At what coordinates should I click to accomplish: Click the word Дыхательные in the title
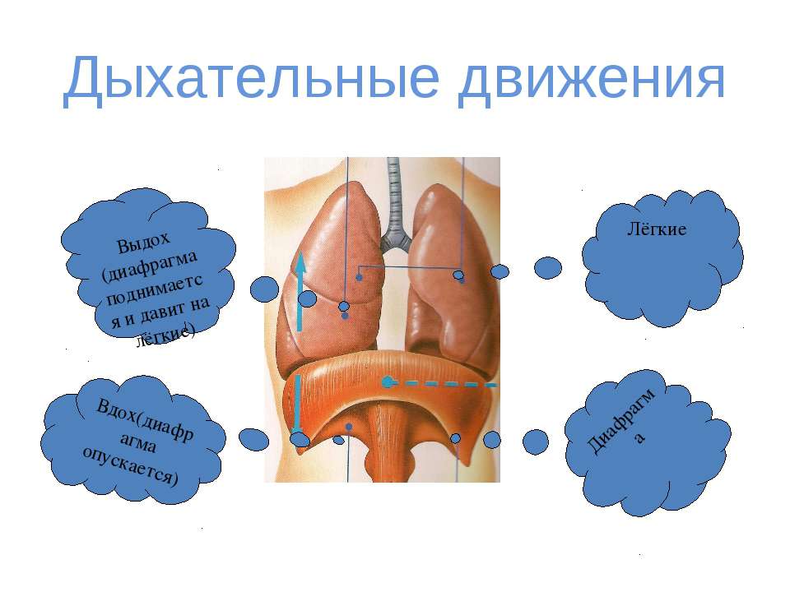tap(252, 79)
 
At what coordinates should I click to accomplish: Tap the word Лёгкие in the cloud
tap(657, 229)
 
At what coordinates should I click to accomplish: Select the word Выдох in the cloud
tap(143, 243)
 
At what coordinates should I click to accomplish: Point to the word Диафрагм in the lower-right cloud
tap(620, 421)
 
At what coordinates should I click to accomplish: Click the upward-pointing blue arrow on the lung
tap(300, 291)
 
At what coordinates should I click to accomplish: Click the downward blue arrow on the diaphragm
tap(297, 405)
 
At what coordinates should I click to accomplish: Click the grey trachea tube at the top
tap(393, 197)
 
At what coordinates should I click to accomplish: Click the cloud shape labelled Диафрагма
tap(648, 443)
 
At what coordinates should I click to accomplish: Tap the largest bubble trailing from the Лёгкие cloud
tap(548, 268)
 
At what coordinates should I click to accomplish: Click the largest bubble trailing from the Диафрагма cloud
tap(535, 442)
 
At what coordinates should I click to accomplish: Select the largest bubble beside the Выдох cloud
tap(264, 289)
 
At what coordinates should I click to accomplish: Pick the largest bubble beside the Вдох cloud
tap(253, 439)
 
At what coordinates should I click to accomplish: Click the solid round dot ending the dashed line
tap(387, 382)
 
